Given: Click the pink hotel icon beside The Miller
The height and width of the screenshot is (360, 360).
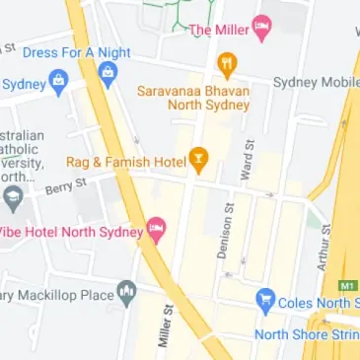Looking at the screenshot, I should pyautogui.click(x=261, y=28).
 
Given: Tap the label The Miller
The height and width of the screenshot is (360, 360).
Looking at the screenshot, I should pyautogui.click(x=217, y=31).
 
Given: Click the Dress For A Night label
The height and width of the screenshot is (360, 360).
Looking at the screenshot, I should pyautogui.click(x=76, y=51).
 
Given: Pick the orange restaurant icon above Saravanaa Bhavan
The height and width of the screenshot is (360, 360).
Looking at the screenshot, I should pyautogui.click(x=228, y=66).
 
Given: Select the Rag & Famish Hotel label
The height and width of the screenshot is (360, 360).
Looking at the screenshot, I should pyautogui.click(x=126, y=161).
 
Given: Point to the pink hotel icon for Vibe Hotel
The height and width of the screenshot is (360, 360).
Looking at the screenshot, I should pyautogui.click(x=156, y=232).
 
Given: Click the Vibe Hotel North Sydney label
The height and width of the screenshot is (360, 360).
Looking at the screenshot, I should pyautogui.click(x=69, y=232).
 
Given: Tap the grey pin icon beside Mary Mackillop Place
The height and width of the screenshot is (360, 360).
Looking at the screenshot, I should pyautogui.click(x=125, y=292).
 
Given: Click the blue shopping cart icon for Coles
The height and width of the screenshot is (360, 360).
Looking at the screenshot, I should pyautogui.click(x=264, y=302).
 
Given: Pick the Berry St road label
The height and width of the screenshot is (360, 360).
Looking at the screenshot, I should pyautogui.click(x=66, y=183).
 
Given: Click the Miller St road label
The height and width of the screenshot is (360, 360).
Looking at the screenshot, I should pyautogui.click(x=165, y=325).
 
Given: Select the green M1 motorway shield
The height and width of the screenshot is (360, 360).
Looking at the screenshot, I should pyautogui.click(x=346, y=285).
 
